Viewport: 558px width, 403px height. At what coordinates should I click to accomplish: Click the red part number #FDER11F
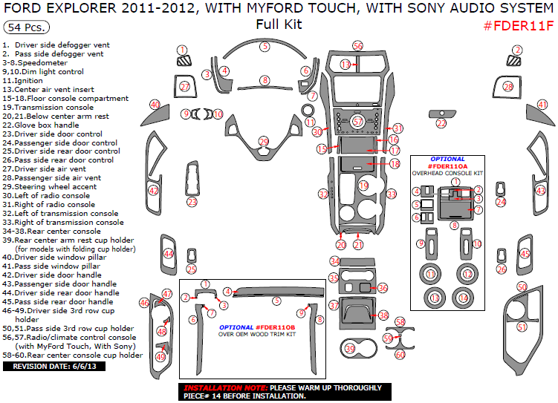click(519, 26)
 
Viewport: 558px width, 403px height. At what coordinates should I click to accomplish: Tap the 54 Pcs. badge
click(27, 27)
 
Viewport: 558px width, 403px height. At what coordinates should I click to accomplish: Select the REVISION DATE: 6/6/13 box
click(49, 366)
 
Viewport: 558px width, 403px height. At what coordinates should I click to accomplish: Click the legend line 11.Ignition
click(23, 80)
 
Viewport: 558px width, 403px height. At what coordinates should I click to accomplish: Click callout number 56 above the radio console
click(357, 46)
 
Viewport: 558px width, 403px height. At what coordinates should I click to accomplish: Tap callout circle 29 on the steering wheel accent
click(263, 141)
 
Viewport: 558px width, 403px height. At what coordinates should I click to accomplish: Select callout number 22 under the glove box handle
click(441, 123)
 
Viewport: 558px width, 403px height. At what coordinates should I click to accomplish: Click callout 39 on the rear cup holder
click(350, 348)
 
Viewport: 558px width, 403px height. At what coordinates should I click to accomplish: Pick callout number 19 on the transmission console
click(363, 185)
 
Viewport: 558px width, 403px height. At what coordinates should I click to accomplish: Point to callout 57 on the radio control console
click(357, 121)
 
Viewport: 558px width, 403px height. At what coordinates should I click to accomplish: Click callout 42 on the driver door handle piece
click(154, 191)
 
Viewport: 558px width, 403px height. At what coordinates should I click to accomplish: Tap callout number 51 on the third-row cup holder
click(522, 327)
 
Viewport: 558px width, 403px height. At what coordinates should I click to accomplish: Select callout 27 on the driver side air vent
click(185, 87)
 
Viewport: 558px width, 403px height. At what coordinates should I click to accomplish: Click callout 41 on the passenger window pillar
click(542, 105)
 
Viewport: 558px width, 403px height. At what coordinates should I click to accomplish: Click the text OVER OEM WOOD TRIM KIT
click(256, 335)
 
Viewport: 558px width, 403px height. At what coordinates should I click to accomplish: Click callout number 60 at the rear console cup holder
click(400, 355)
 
